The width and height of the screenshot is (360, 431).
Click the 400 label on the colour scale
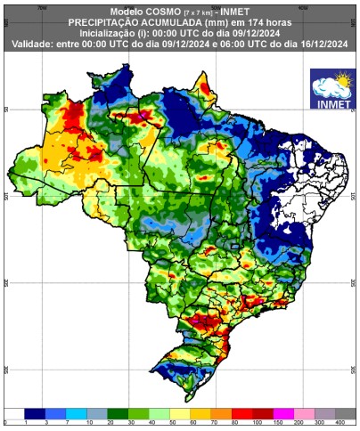click(341, 423)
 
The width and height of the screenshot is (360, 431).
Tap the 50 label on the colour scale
click(168, 423)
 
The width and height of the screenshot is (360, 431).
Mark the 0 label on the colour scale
click(6, 423)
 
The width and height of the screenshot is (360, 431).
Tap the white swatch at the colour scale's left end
click(14, 413)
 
